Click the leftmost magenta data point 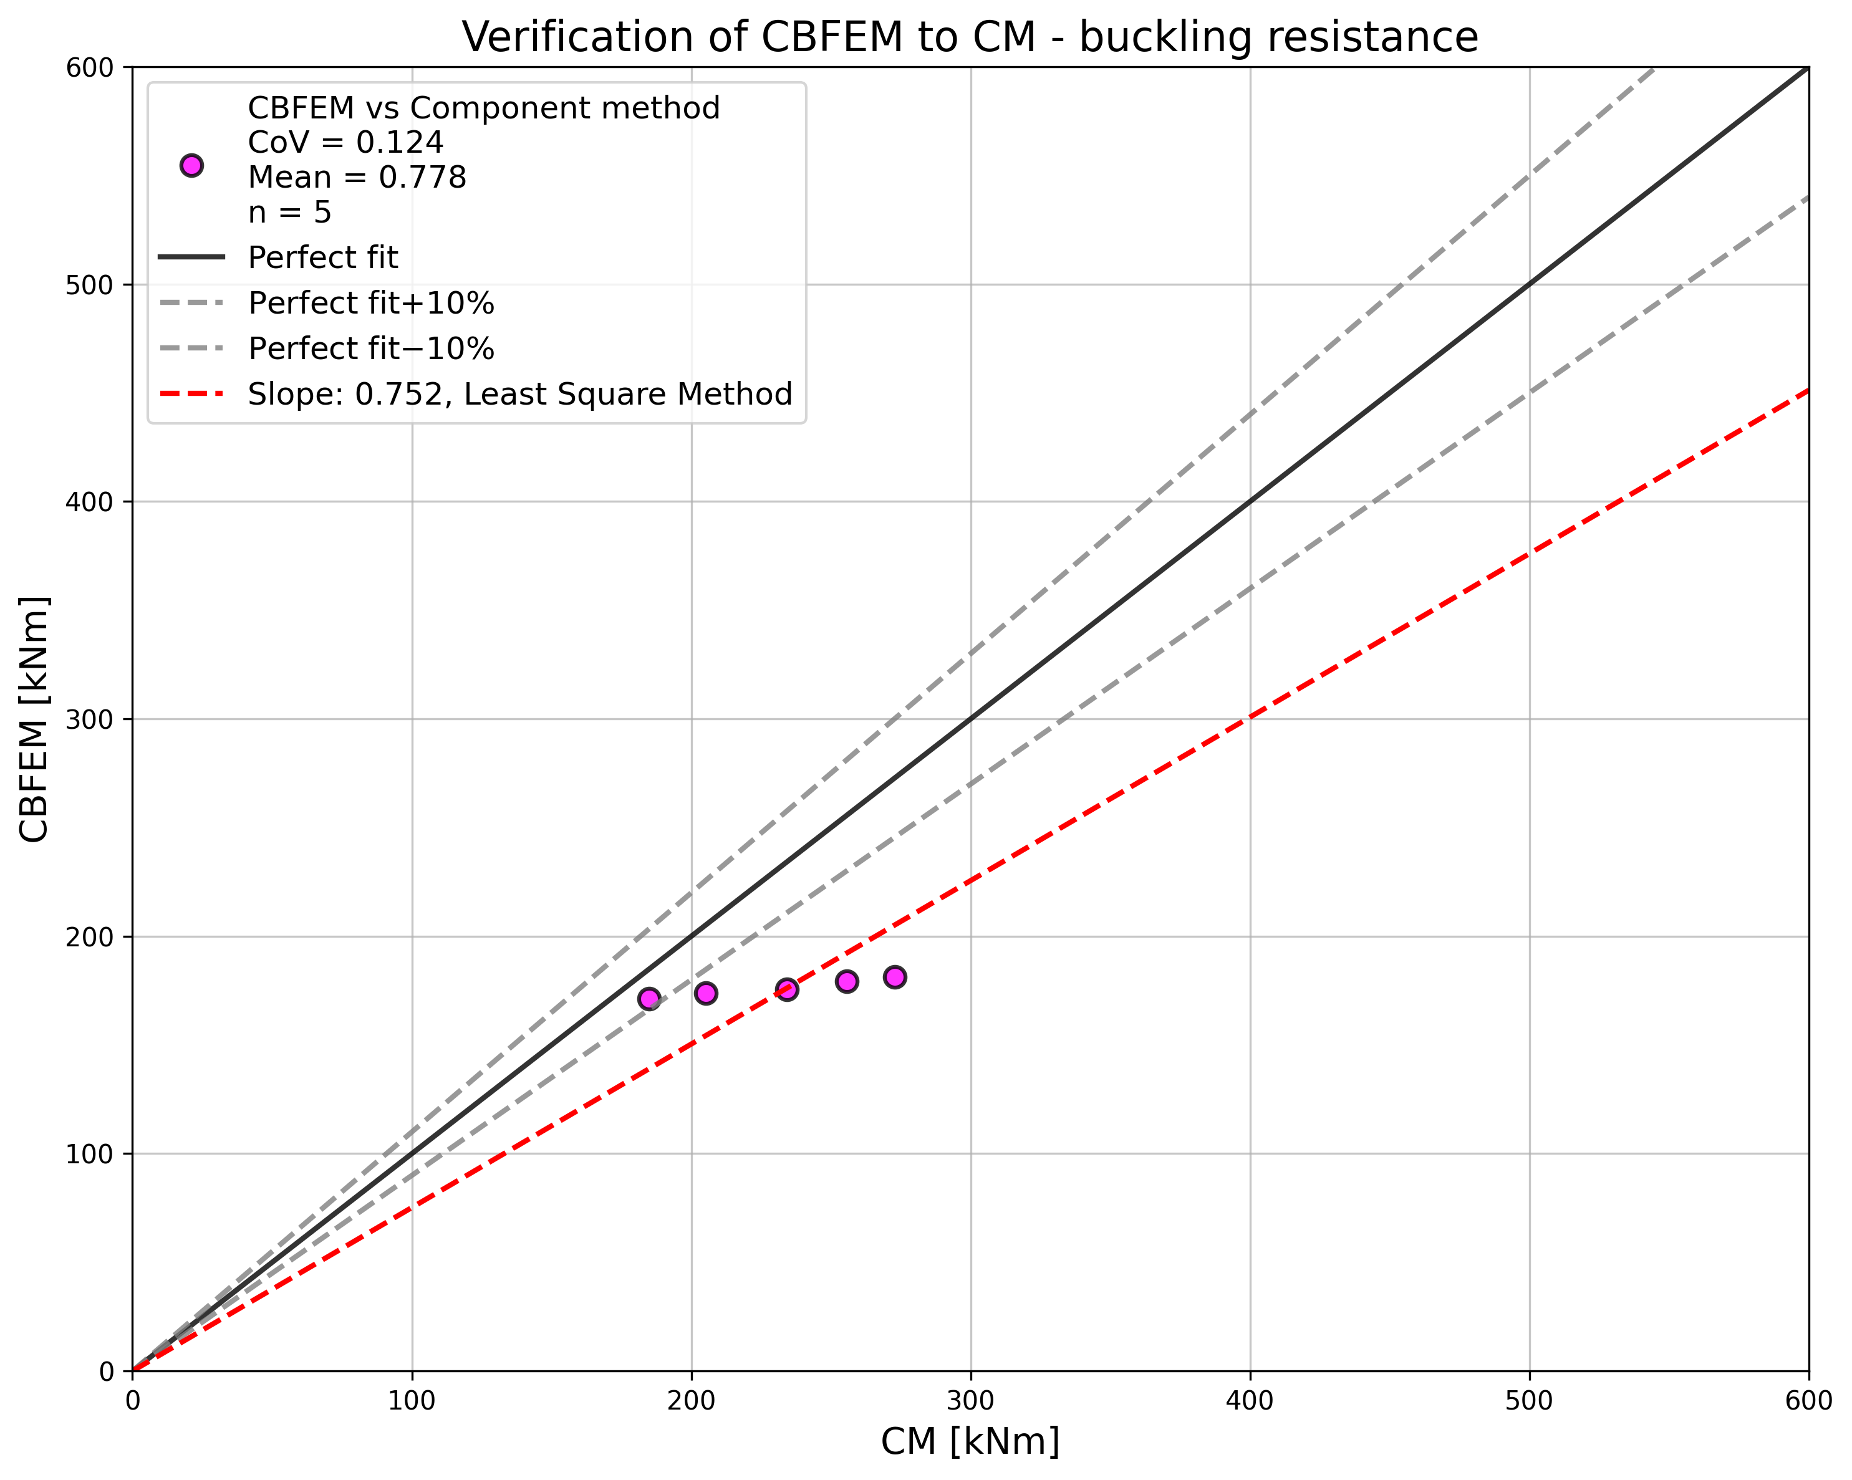(649, 998)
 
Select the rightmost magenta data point (895, 977)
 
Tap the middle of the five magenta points (787, 989)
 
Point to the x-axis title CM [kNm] (970, 1441)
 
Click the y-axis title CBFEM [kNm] (34, 718)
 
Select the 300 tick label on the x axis (971, 1401)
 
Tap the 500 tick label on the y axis (89, 284)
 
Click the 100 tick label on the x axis (412, 1401)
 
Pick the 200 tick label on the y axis (89, 936)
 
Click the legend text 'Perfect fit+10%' (371, 303)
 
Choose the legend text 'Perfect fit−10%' (371, 348)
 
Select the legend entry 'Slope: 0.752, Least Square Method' (519, 394)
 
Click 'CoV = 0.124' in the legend (345, 143)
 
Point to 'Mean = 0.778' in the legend (357, 178)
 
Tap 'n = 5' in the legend (289, 212)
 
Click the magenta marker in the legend (191, 166)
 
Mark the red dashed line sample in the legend (191, 394)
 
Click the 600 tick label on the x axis (1807, 1401)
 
